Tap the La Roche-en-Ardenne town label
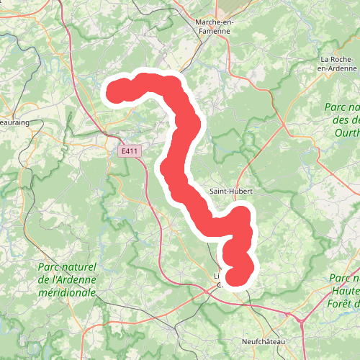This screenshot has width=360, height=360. coord(336,64)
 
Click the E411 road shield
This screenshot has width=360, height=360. coord(130,151)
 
